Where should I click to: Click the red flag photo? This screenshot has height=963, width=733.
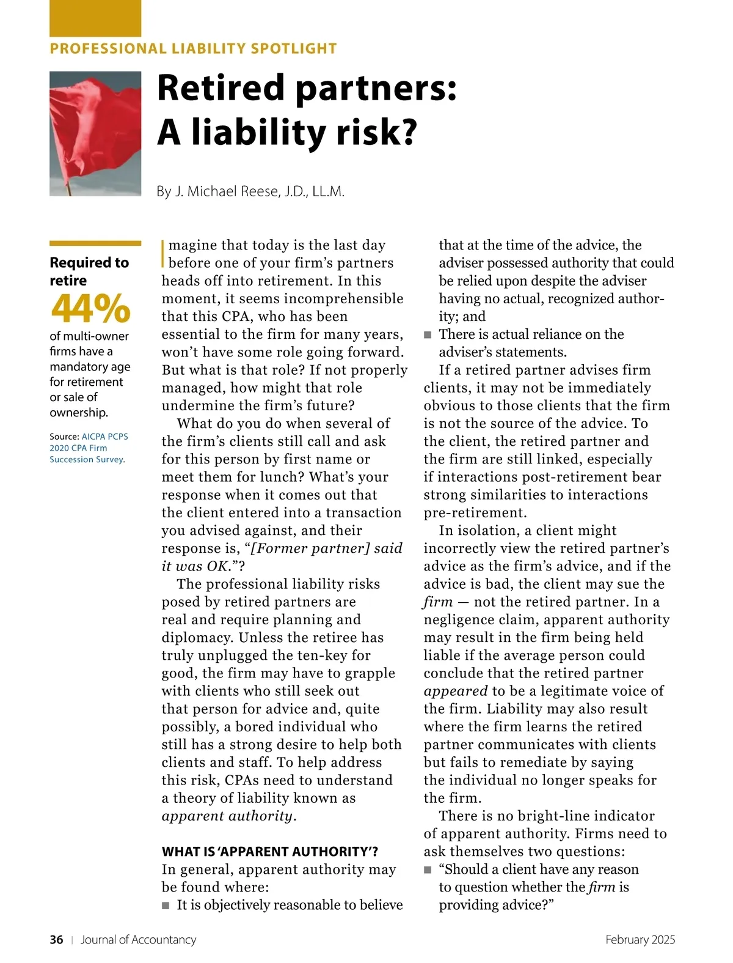[95, 133]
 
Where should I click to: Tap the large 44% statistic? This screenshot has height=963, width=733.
[90, 308]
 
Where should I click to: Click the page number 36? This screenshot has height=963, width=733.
[56, 940]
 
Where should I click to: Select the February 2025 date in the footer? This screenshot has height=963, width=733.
[640, 940]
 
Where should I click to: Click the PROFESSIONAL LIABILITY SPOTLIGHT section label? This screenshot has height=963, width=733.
[193, 49]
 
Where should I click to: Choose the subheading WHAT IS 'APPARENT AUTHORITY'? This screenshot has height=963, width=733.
[270, 852]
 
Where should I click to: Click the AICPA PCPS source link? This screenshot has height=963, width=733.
[104, 437]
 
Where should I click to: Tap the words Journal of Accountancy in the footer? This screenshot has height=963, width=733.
[139, 940]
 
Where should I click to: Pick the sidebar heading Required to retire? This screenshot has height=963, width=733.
[89, 271]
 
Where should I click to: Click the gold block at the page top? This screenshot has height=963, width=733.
[95, 18]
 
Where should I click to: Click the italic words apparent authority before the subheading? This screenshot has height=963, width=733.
[227, 816]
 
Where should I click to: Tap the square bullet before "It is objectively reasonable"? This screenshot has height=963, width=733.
[166, 906]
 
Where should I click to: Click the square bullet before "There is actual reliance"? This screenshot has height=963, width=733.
[428, 335]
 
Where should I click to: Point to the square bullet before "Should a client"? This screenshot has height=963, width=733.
[428, 870]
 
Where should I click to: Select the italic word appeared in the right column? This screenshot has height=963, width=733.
[456, 692]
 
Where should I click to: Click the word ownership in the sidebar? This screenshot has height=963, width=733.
[78, 413]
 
